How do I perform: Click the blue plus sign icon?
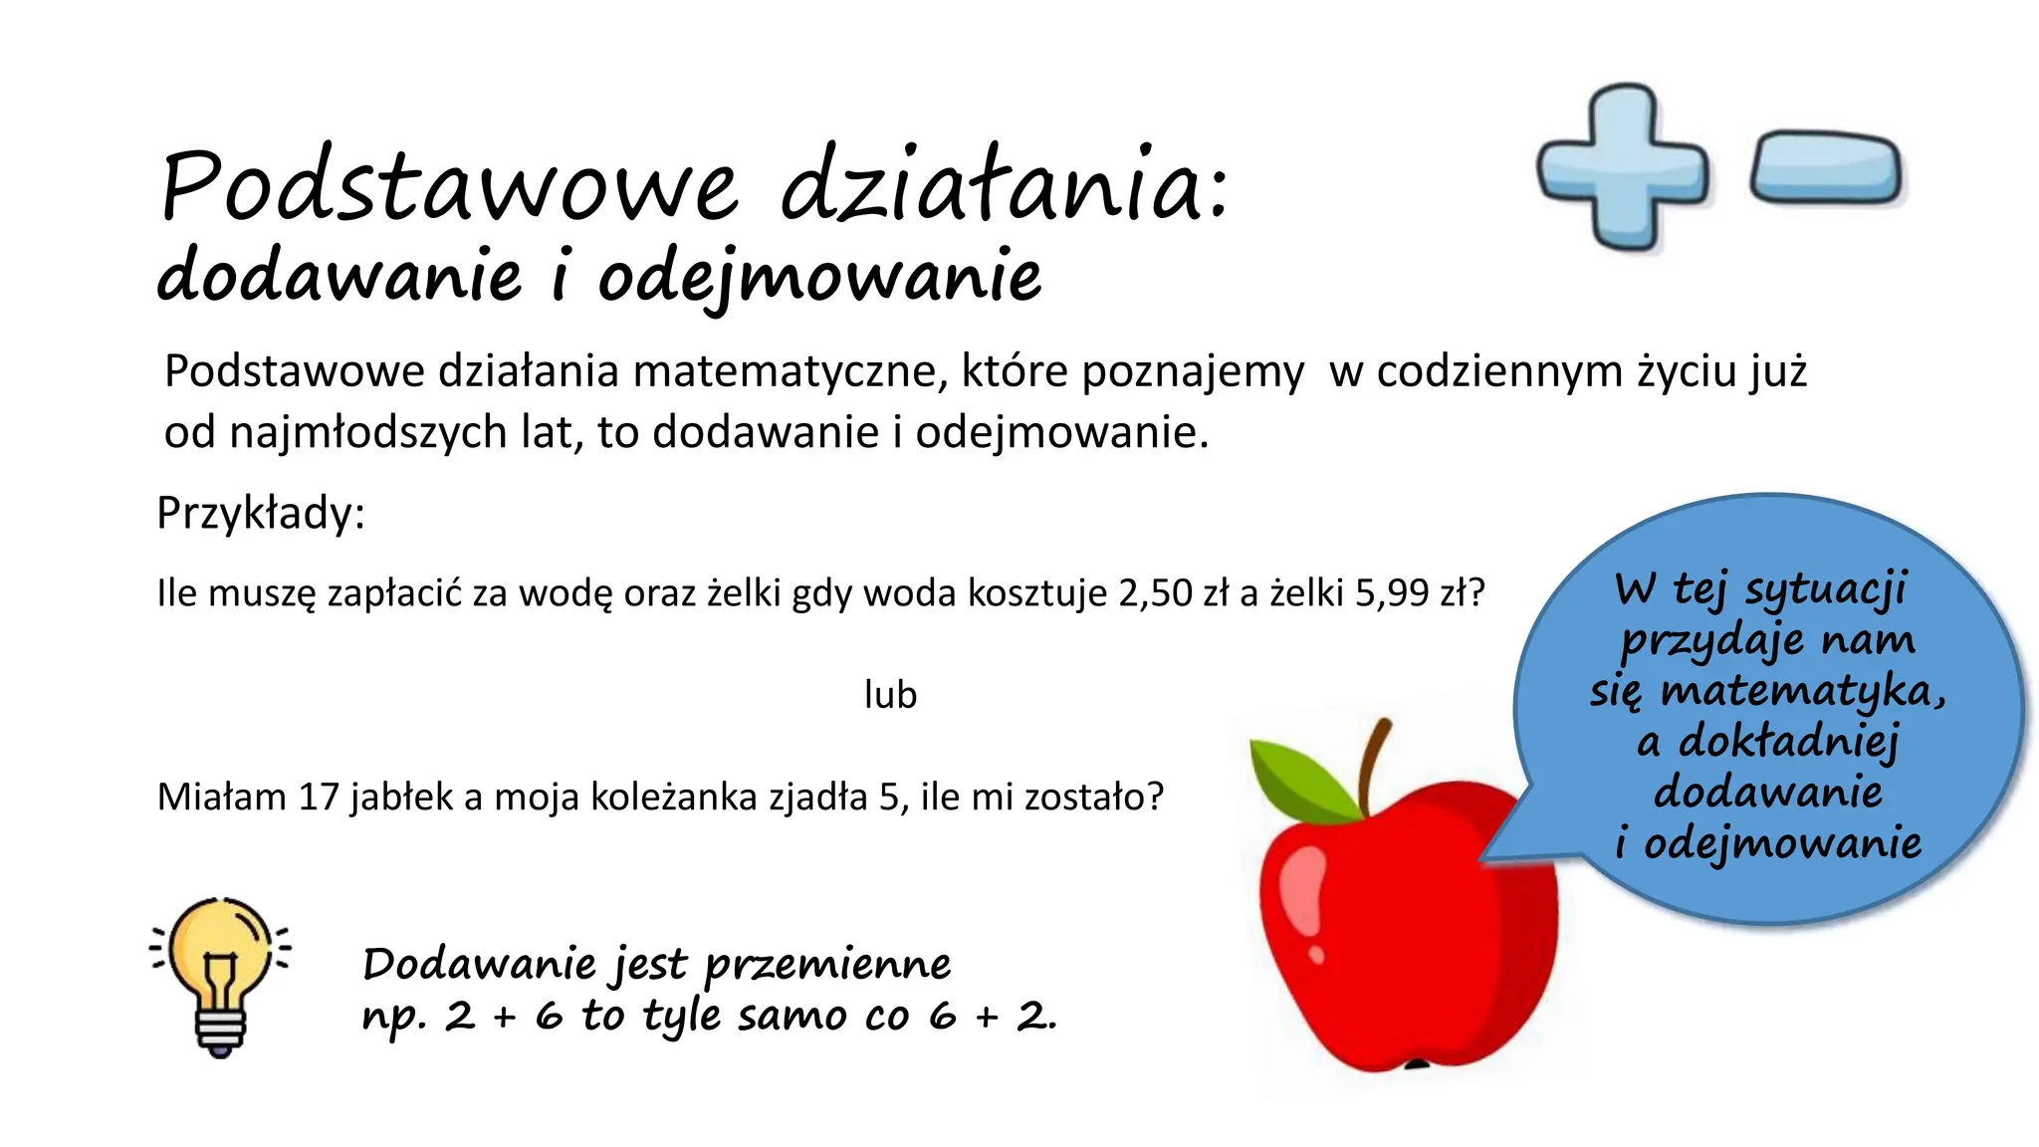click(x=1623, y=167)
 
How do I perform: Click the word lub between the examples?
click(x=890, y=695)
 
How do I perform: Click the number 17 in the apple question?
click(x=319, y=798)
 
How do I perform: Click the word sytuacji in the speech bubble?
click(x=1826, y=589)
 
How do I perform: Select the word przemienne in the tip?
click(x=827, y=965)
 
